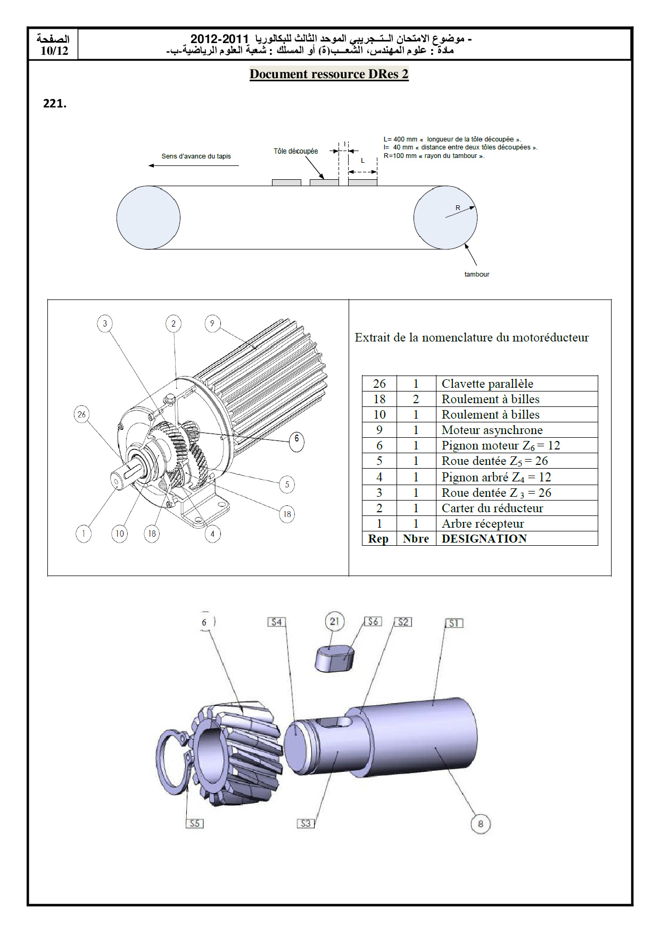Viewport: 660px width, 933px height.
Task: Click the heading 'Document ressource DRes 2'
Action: pos(329,74)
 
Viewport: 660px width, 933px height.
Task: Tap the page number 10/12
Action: pos(54,51)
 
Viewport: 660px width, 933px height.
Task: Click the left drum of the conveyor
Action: pos(148,218)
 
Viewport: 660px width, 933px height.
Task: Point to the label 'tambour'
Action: pos(476,274)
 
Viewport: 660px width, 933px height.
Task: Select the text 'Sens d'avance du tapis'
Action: pos(196,156)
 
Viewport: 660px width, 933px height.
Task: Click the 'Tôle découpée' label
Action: pos(295,152)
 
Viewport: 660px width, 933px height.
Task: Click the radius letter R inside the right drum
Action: pos(458,208)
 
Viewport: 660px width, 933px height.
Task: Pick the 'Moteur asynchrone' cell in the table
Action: pos(492,430)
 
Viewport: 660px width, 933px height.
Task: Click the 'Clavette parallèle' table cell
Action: pos(487,384)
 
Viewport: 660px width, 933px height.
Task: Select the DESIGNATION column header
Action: pos(484,539)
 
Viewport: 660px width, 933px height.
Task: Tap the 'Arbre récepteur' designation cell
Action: pos(483,523)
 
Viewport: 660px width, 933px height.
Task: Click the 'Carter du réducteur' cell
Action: pos(492,508)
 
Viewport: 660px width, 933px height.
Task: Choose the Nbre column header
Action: pos(416,539)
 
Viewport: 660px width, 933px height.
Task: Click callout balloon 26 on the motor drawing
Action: pos(81,414)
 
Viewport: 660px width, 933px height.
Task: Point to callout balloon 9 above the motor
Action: pos(212,323)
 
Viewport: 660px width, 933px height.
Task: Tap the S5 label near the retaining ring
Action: pos(195,823)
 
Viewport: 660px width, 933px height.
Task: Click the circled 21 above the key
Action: pos(334,621)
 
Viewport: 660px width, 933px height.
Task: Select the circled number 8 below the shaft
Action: pos(480,824)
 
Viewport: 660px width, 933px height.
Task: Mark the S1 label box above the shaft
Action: pos(453,623)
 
